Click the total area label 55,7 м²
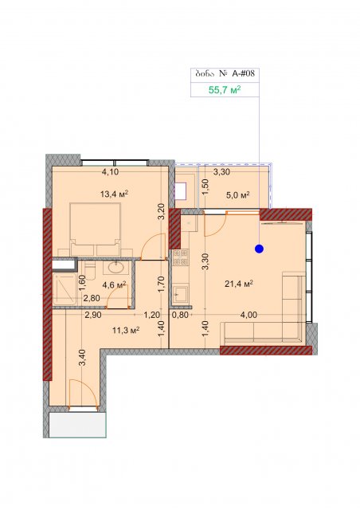click(225, 90)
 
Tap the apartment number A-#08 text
click(243, 74)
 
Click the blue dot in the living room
click(259, 249)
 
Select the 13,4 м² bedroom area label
click(114, 194)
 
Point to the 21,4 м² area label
click(239, 284)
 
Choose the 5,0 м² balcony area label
click(237, 195)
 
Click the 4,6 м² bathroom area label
click(114, 285)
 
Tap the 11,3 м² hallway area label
click(126, 331)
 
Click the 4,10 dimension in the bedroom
click(110, 172)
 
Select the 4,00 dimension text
click(248, 315)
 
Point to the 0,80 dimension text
click(180, 315)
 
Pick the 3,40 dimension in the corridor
click(83, 358)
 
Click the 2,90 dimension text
click(93, 315)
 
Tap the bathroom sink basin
click(115, 268)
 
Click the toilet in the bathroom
click(89, 270)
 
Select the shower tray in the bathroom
click(65, 289)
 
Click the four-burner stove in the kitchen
click(181, 257)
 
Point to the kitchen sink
click(181, 294)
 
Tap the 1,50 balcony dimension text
click(205, 186)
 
